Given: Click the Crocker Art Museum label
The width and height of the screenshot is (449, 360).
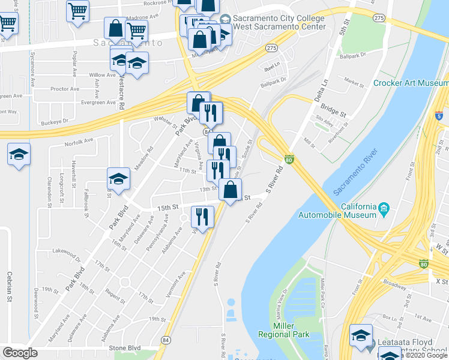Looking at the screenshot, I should pos(411,83).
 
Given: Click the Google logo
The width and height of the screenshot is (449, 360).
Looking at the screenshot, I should pos(20,352).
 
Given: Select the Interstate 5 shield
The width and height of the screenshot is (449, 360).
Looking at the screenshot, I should pos(441,115).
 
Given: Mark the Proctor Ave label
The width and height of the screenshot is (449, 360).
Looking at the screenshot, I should pos(65,89).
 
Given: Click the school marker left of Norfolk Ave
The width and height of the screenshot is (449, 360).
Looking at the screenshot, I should pos(19,154).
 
